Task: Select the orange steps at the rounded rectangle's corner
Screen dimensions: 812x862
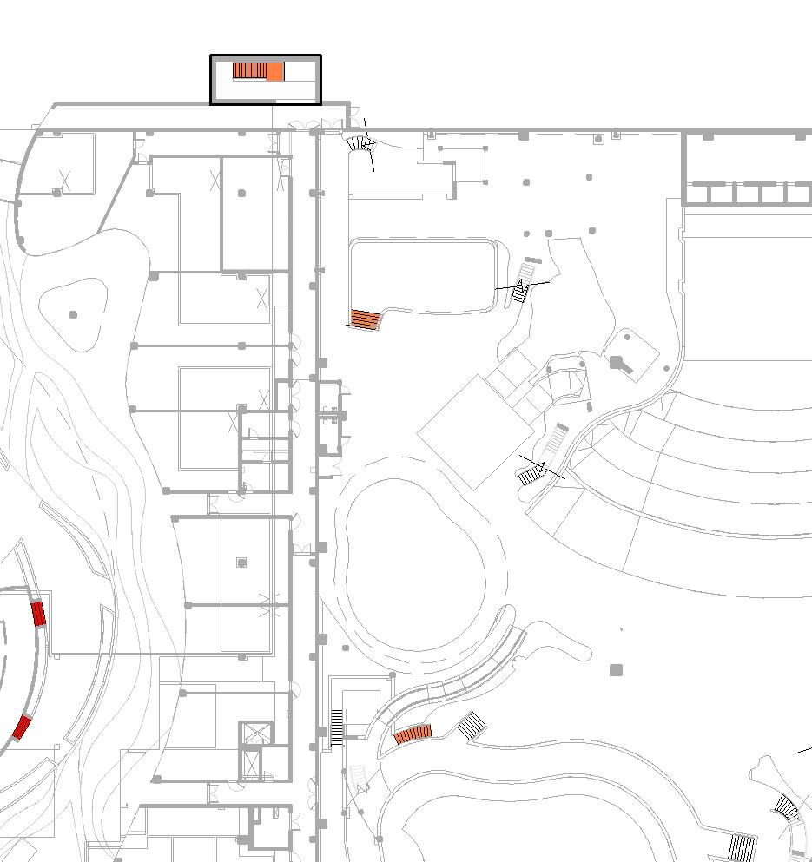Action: (x=366, y=319)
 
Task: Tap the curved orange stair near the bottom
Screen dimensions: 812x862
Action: (x=413, y=735)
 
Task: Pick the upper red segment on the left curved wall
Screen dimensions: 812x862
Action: (x=38, y=614)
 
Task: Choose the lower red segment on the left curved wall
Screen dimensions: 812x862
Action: (x=22, y=727)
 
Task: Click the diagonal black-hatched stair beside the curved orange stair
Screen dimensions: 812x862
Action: (x=472, y=726)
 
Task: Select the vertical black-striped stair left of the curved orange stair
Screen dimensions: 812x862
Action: (x=337, y=728)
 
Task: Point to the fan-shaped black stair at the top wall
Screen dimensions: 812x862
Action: (x=359, y=143)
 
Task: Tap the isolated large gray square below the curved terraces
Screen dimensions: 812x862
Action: (x=616, y=669)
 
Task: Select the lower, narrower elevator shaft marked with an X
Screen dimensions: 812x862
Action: (x=252, y=765)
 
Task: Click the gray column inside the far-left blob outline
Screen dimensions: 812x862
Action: (x=73, y=314)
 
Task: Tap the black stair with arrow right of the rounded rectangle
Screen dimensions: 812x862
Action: (x=520, y=292)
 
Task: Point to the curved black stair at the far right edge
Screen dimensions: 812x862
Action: (x=787, y=809)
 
